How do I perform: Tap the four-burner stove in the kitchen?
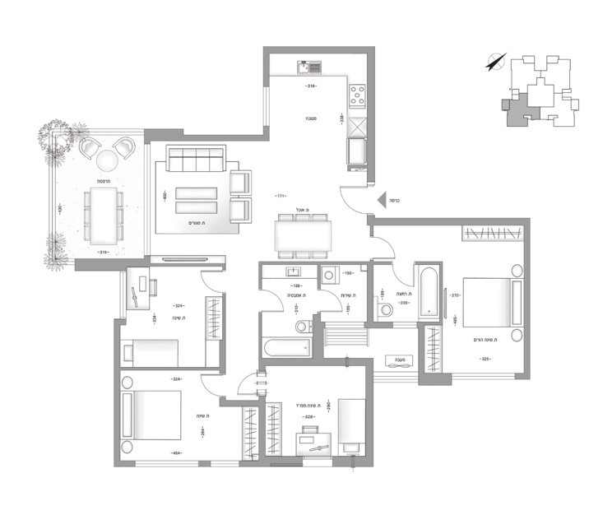click(x=358, y=97)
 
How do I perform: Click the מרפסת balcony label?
click(x=102, y=180)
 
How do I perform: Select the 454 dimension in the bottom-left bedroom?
click(x=176, y=452)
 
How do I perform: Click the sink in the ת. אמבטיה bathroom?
click(x=292, y=271)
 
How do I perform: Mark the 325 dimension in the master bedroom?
click(x=485, y=359)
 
